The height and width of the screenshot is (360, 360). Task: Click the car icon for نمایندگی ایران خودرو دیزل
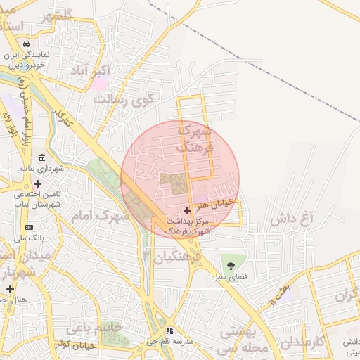tap(26, 44)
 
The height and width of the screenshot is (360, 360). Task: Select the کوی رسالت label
tap(123, 99)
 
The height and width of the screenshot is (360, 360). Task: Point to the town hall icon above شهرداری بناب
tap(42, 157)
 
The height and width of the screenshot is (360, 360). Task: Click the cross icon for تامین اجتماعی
tap(37, 184)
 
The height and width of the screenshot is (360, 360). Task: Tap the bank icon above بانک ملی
tap(29, 227)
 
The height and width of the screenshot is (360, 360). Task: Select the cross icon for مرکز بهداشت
tap(186, 210)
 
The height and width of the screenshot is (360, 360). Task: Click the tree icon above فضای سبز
tap(231, 266)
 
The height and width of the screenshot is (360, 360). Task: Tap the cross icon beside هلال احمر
tap(10, 289)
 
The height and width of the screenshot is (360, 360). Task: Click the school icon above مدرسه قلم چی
tap(169, 330)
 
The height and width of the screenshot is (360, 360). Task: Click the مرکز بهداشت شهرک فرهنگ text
tap(187, 226)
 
